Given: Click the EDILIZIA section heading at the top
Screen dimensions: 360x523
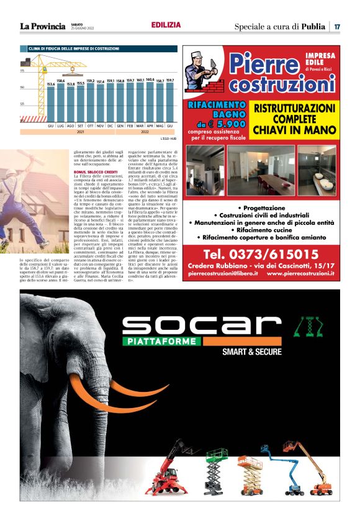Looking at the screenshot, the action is point(166,25).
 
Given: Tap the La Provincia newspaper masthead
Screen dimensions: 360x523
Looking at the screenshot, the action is point(42,26).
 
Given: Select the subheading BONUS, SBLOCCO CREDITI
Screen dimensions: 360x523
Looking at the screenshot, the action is point(96,171).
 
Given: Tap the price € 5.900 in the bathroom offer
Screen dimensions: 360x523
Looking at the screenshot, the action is point(225,123).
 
